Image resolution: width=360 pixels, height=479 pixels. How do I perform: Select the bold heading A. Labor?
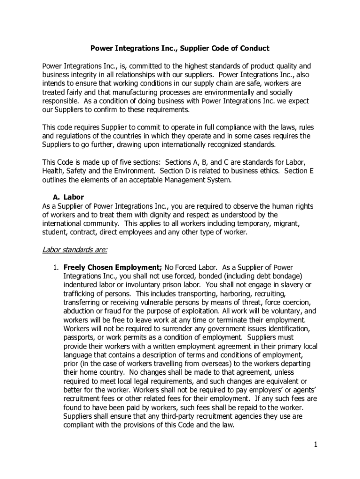tap(69, 197)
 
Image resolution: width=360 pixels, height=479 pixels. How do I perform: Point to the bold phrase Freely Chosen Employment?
tap(113, 268)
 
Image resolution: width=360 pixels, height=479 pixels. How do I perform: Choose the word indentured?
tap(80, 285)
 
